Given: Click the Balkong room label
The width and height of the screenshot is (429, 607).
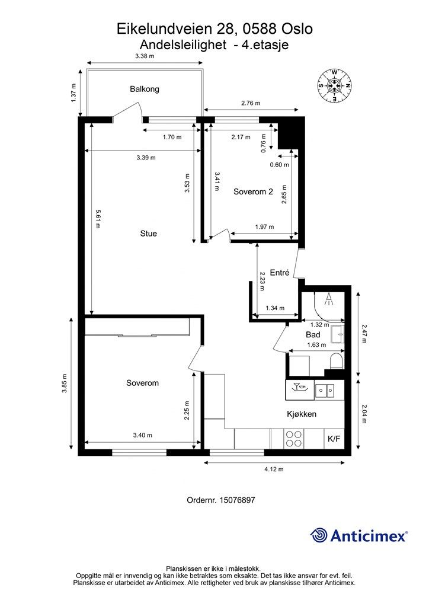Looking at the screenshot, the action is pos(145,89).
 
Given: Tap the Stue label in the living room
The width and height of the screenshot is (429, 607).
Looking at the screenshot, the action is pos(148,234).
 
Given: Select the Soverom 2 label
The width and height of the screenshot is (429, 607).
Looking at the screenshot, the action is pos(253,191).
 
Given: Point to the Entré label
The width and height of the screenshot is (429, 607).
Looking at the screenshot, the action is pos(279,273).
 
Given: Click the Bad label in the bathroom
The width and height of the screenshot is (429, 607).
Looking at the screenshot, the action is pos(312,334).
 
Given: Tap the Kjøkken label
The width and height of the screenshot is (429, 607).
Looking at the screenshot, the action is pos(302,414).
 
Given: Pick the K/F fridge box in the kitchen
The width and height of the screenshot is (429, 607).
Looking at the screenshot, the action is pos(334,439).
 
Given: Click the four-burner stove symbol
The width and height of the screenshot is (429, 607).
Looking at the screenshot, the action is pos(294,439).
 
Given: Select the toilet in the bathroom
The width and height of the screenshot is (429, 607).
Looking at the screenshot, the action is pos(337,361).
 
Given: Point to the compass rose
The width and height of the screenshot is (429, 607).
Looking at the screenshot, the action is pos(335,85).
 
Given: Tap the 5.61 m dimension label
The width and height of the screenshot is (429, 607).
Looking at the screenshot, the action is pos(98,219).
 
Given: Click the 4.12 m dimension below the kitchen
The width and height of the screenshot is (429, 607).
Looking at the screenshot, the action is pos(274,469).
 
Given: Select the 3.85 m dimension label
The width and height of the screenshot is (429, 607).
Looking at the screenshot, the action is pos(64,384).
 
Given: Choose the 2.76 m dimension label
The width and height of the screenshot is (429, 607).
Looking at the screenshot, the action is pos(251,103).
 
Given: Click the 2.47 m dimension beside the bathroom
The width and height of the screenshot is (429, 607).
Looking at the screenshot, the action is pos(363,334).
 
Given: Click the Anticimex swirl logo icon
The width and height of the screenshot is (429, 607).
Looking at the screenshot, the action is pos(319,535).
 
